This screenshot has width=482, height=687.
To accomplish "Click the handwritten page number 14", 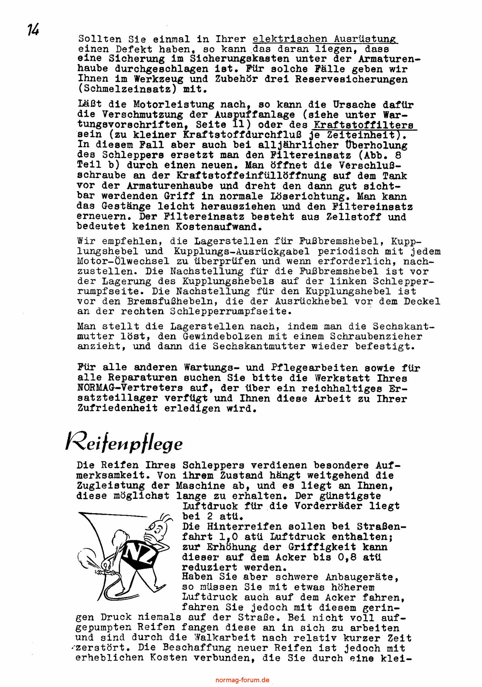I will coord(33,30).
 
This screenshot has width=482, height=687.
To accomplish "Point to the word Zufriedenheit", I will coord(118,409).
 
